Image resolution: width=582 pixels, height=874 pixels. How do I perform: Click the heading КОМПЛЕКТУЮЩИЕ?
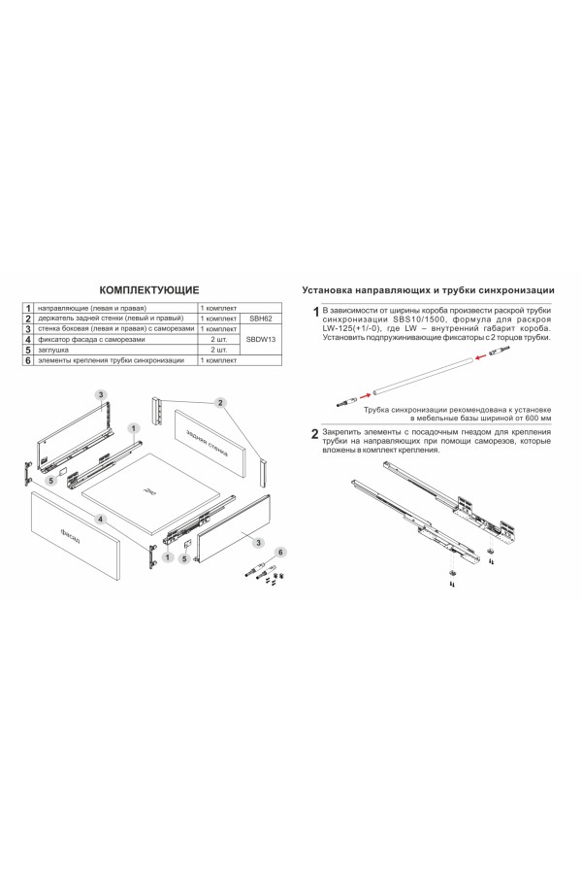pyautogui.click(x=149, y=289)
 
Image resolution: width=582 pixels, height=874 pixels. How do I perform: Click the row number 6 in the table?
pyautogui.click(x=29, y=360)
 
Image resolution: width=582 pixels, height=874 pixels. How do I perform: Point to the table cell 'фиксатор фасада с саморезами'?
pyautogui.click(x=91, y=340)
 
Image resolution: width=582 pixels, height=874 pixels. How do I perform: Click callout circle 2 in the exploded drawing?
pyautogui.click(x=220, y=402)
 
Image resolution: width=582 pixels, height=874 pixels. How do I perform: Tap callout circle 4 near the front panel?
pyautogui.click(x=100, y=520)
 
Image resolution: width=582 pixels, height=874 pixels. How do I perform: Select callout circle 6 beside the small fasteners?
pyautogui.click(x=279, y=552)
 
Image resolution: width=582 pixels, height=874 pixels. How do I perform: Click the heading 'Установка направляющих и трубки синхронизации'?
pyautogui.click(x=428, y=290)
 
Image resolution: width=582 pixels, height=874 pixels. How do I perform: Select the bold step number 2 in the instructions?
pyautogui.click(x=313, y=433)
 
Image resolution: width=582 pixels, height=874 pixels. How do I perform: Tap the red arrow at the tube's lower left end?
pyautogui.click(x=365, y=394)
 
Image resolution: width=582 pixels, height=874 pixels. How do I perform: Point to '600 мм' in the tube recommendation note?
pyautogui.click(x=534, y=418)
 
